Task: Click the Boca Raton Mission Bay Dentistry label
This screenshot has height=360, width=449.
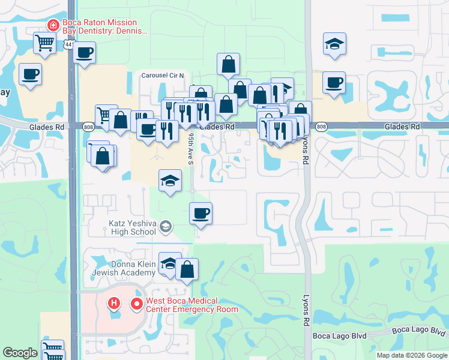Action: (105, 26)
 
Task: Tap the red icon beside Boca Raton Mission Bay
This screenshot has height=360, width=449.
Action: (53, 25)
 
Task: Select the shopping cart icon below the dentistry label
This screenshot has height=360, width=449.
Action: (45, 43)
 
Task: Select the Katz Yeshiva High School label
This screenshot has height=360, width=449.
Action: (131, 227)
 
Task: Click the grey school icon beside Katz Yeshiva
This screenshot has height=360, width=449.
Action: (166, 227)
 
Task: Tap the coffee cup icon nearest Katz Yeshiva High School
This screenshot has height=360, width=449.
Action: (200, 213)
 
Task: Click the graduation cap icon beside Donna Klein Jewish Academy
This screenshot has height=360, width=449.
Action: (169, 263)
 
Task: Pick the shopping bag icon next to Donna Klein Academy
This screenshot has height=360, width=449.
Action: (187, 269)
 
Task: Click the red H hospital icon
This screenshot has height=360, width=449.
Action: (114, 304)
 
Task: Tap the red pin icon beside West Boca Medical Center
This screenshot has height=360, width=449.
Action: (136, 304)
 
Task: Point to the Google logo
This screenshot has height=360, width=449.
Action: (20, 353)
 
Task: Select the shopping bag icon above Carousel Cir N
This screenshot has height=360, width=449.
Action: (228, 64)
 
